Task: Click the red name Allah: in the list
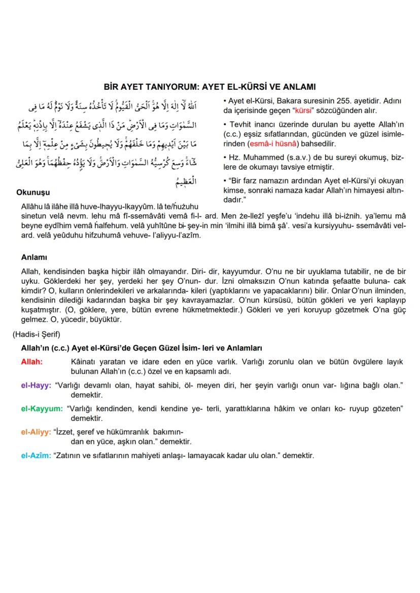click(x=31, y=362)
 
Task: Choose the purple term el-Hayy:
click(x=36, y=386)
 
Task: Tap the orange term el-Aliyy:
click(x=36, y=432)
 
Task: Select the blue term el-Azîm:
click(x=36, y=455)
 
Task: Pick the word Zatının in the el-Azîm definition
click(x=70, y=455)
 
